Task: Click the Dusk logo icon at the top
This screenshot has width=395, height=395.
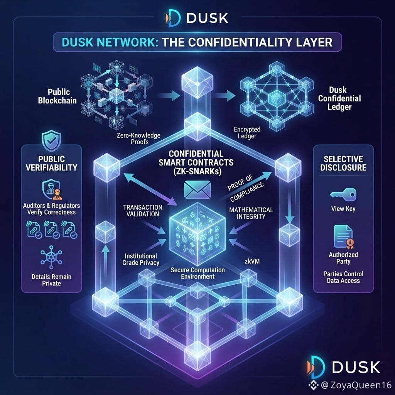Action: coord(173,18)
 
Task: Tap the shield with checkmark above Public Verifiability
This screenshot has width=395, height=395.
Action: coord(51,140)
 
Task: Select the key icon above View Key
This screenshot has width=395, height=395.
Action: coord(343,195)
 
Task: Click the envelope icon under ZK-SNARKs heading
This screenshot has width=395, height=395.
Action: coord(197,190)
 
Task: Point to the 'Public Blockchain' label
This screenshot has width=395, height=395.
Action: coord(57,96)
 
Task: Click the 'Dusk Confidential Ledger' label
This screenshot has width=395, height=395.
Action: coord(339,98)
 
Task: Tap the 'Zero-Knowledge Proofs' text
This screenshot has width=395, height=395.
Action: coord(138,138)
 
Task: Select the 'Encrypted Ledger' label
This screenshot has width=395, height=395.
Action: coord(247,133)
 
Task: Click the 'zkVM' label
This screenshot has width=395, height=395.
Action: coord(252,262)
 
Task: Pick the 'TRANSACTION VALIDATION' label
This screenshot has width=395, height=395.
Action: coord(143,211)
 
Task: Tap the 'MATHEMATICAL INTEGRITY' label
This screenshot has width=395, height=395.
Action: coord(251,213)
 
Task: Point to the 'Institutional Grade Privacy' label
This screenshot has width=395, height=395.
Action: coord(141,260)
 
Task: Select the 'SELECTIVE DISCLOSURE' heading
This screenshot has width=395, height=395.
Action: coord(343,163)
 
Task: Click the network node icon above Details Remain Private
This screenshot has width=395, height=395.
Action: coord(51,257)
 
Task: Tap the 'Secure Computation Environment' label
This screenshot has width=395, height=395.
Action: coord(197,273)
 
